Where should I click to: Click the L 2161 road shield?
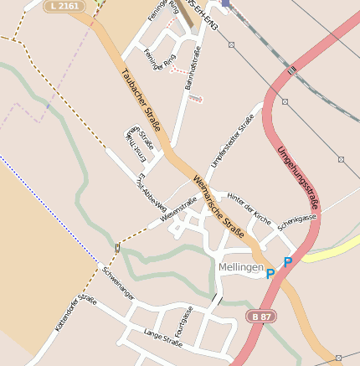[64, 6]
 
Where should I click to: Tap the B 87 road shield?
[260, 316]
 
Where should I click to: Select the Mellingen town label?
[240, 267]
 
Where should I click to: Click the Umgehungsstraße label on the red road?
[298, 177]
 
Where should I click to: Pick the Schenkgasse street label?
[297, 222]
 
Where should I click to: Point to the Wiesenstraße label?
[177, 213]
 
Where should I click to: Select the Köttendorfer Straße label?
[76, 313]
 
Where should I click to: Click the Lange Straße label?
[163, 338]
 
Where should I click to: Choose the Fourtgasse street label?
[186, 322]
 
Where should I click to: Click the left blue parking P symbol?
[270, 274]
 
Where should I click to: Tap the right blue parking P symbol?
[288, 262]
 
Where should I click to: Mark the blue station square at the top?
[226, 3]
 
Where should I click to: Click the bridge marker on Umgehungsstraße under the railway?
[292, 73]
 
